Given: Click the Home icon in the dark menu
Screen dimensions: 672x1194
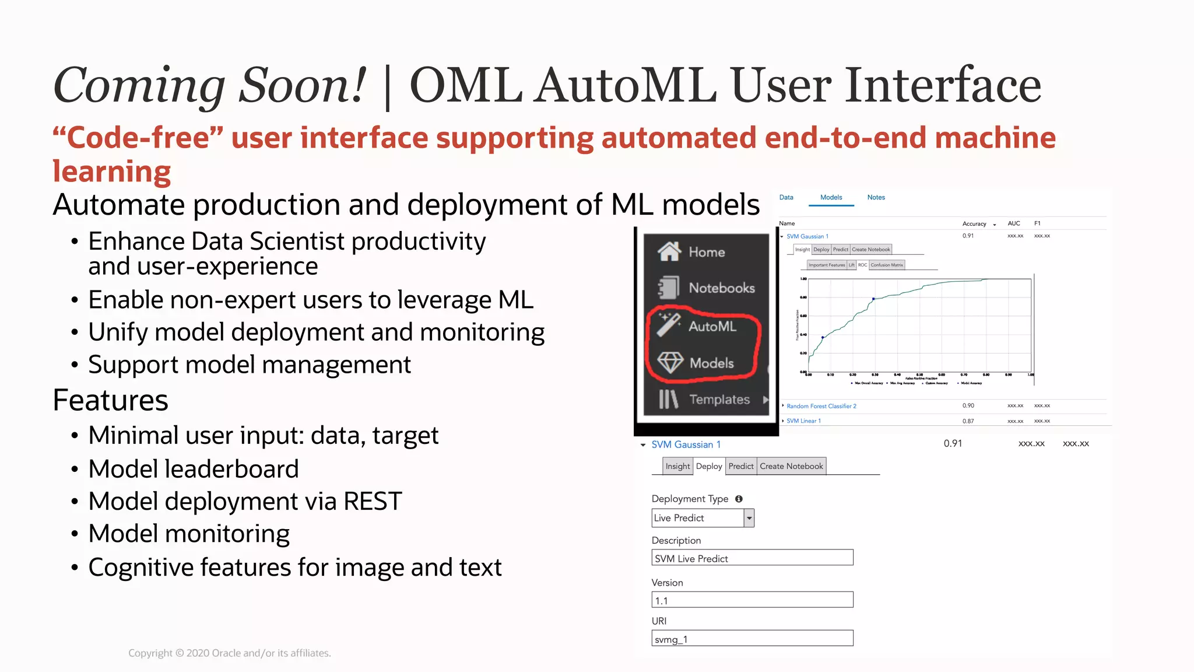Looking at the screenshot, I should point(669,251).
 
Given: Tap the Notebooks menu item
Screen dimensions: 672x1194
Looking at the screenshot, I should point(721,288).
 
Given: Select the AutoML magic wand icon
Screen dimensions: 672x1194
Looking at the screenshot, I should point(669,325).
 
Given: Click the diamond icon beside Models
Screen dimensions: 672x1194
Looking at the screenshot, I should point(670,362).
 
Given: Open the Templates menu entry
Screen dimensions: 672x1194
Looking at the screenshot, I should point(719,400).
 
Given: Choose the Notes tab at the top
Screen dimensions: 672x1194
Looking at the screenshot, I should point(876,197).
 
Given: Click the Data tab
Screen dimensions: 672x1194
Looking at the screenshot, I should point(786,197).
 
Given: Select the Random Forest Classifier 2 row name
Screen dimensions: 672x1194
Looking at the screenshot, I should point(821,406).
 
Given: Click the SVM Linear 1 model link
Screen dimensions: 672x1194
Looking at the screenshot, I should point(803,421).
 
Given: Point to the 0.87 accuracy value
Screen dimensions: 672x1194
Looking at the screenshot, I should point(968,421).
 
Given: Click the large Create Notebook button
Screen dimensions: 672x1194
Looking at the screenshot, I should point(791,466).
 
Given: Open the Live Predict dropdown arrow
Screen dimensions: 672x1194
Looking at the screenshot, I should point(749,518).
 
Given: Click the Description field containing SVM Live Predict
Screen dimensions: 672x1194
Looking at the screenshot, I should point(752,558).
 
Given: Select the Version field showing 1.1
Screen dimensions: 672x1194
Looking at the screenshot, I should point(752,600).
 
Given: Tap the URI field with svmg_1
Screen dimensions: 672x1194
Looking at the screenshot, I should point(752,638).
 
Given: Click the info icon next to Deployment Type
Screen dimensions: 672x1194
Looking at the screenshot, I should point(739,499).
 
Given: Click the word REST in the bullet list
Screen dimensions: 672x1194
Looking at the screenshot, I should point(373,502).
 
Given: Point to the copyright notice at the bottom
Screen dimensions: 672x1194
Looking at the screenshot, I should point(230,653).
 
